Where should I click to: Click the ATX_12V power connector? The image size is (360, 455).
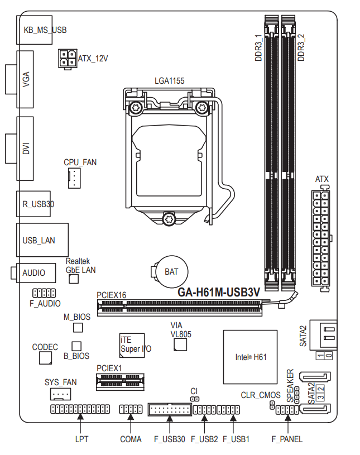[x=67, y=58]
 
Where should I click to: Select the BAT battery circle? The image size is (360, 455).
[x=170, y=272]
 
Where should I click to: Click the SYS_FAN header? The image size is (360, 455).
[x=60, y=395]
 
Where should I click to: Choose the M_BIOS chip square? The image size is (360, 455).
[x=78, y=327]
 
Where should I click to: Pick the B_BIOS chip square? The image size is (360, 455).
[x=77, y=347]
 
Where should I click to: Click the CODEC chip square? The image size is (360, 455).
[x=45, y=357]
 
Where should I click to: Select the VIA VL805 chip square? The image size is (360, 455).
[x=179, y=345]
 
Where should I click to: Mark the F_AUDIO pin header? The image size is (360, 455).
[x=44, y=293]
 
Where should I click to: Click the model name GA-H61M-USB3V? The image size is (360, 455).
[x=219, y=291]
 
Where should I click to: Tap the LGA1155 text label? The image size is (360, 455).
[x=170, y=81]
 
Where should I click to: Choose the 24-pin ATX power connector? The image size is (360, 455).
[x=321, y=240]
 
